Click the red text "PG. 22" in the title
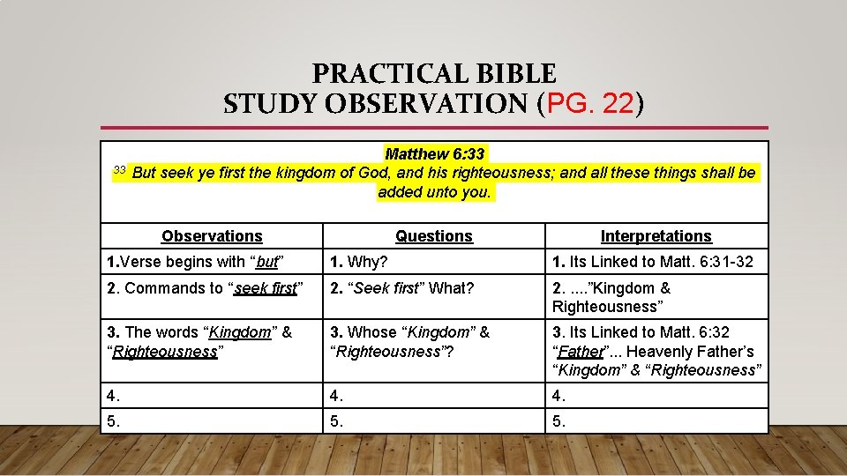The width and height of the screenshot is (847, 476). pos(590,105)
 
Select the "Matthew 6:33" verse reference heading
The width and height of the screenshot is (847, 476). pos(435,154)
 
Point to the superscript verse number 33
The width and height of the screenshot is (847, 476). pos(121,169)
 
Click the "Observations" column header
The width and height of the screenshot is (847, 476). pos(212,236)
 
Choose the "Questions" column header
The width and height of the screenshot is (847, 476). pos(434,236)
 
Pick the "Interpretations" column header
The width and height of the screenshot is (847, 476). pos(656,236)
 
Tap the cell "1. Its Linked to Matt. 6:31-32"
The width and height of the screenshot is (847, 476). pos(653,262)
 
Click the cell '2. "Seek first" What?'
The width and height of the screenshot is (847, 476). pos(401,288)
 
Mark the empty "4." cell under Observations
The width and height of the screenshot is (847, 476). pos(212,394)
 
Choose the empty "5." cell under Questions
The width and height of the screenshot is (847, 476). pos(434,421)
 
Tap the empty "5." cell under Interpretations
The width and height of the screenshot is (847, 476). pos(656,421)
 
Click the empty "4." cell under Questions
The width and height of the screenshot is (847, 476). pos(434,394)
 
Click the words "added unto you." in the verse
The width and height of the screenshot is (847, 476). pos(434,191)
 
